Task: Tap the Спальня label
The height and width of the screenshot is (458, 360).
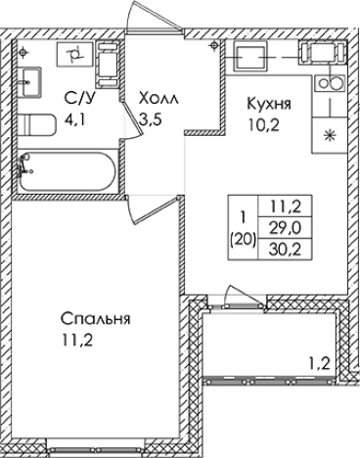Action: (x=95, y=319)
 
